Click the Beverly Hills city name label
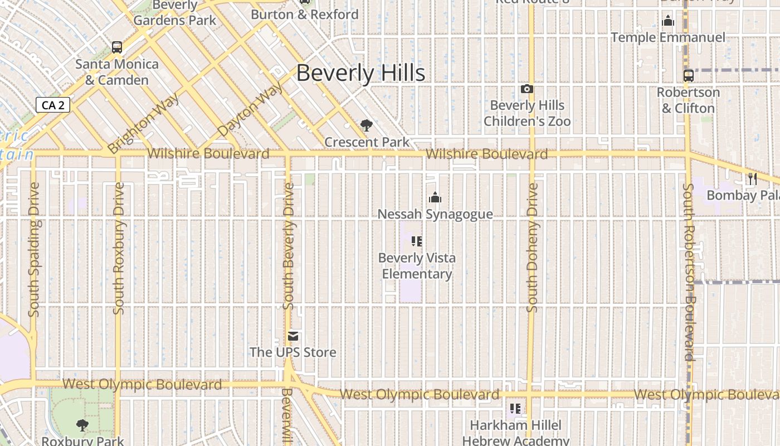[x=360, y=73]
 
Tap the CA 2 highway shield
[x=53, y=105]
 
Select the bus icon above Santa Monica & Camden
[x=116, y=47]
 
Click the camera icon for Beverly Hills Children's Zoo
[x=526, y=89]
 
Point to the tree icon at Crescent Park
[x=366, y=125]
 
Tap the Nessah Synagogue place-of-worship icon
[x=435, y=197]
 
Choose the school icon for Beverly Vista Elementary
[x=416, y=241]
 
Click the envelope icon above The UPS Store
[x=293, y=336]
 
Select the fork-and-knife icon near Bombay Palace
[x=752, y=178]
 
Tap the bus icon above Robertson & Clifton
[x=688, y=75]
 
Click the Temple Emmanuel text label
[x=668, y=37]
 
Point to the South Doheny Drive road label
[x=532, y=248]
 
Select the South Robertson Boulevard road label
[x=689, y=272]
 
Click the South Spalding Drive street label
[x=34, y=249]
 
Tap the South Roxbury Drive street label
[x=118, y=248]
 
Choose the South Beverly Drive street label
[x=288, y=246]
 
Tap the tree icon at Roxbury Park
[x=82, y=426]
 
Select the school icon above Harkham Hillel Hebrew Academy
[x=515, y=409]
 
